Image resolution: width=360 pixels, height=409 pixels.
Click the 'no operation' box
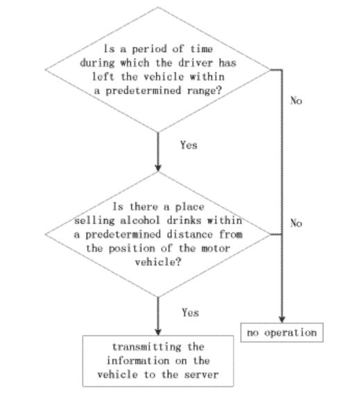282,332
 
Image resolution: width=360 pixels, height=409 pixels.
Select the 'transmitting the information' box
158,361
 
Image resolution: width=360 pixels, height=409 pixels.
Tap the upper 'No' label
296,101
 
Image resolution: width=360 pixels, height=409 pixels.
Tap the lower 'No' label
296,223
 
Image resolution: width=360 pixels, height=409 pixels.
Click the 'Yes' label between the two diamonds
189,145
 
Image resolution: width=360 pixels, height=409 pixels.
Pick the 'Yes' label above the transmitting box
190,313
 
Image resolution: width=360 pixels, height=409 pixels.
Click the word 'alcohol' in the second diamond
139,220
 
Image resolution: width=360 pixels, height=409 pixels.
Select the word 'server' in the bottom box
201,374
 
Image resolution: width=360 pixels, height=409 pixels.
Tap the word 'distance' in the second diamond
190,234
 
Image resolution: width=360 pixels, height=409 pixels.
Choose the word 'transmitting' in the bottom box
147,347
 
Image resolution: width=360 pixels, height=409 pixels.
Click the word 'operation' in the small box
291,333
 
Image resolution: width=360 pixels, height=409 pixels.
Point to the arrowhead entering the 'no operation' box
282,320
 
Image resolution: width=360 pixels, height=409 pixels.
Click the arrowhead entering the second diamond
158,168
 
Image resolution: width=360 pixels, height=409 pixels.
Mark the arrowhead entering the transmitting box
158,332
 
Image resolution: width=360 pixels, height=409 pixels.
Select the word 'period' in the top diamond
149,49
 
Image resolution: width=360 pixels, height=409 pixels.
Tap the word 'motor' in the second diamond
216,248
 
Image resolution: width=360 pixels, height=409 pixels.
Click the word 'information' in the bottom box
138,360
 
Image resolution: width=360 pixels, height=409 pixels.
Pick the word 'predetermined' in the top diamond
144,91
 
